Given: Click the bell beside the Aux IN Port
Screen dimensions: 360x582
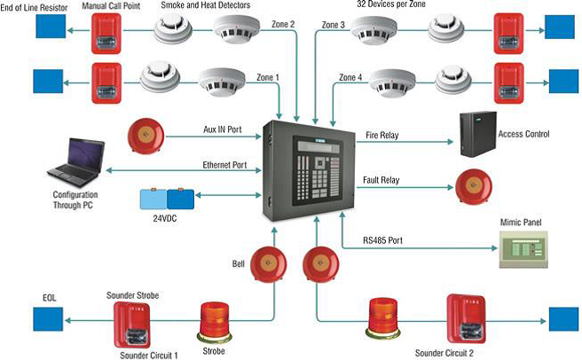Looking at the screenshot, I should (144, 134).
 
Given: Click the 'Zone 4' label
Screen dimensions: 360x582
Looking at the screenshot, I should (351, 77).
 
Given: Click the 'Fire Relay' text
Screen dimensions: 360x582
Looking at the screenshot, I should (383, 135).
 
